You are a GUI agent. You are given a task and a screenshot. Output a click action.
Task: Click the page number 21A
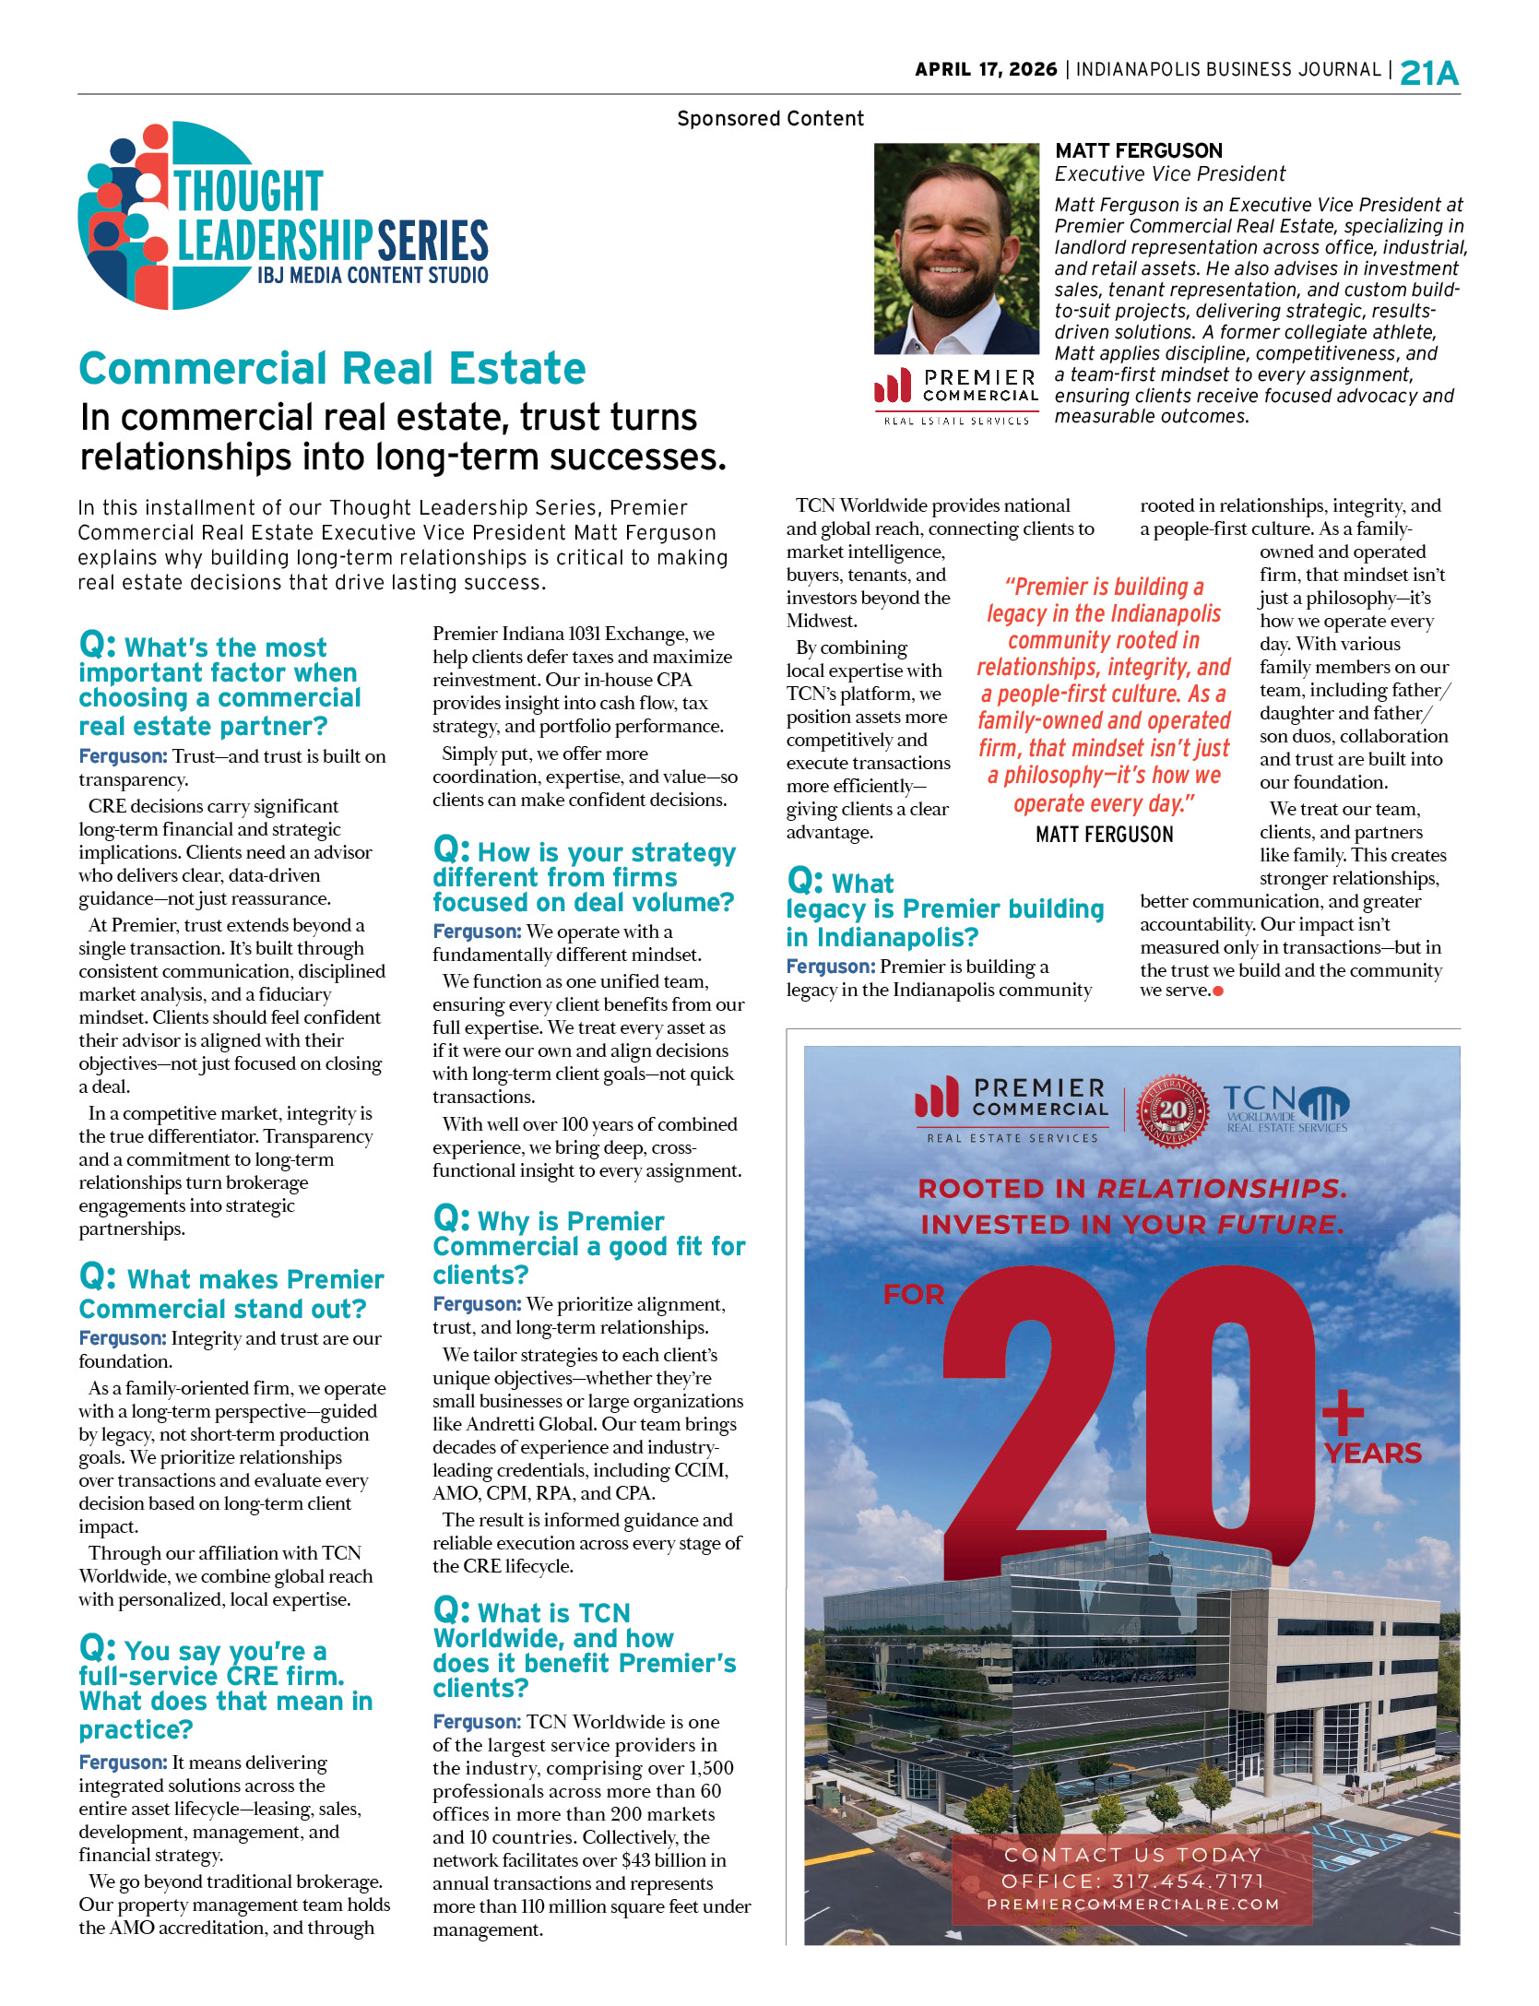[1428, 73]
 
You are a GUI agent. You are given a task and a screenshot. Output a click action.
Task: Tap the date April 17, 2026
[986, 70]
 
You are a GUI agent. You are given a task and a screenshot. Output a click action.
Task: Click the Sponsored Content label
[770, 119]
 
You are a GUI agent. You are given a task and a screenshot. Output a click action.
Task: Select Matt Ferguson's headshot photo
[956, 248]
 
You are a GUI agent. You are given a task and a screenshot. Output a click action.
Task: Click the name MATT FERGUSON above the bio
[1138, 151]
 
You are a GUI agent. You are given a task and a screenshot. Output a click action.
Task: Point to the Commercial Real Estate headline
[332, 369]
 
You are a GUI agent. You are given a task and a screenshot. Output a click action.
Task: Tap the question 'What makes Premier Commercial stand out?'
[231, 1294]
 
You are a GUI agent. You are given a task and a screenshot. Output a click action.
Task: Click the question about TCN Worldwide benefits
[584, 1650]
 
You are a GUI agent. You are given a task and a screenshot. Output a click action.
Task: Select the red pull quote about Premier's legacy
[1104, 694]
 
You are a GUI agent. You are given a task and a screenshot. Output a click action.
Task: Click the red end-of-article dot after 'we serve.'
[1218, 991]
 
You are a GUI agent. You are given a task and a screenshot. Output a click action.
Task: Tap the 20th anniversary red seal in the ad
[1172, 1110]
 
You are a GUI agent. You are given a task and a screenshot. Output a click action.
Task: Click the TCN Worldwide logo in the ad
[1286, 1108]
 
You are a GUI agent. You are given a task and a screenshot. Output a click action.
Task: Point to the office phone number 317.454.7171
[1132, 1881]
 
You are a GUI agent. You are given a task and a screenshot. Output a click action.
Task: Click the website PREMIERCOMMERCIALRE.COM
[1132, 1905]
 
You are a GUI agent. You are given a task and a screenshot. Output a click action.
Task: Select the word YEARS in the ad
[1372, 1454]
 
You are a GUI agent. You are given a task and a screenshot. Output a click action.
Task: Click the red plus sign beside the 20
[1342, 1412]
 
